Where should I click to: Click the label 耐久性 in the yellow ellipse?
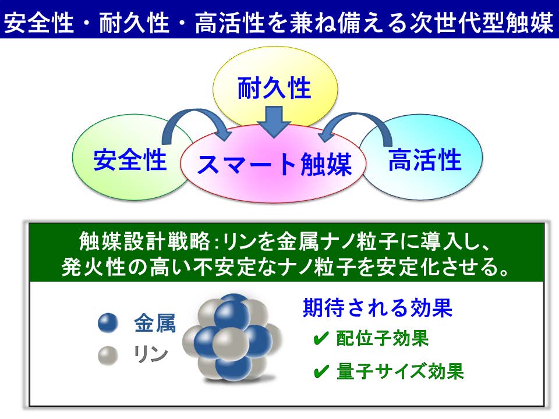(274, 88)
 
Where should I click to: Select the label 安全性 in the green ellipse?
(130, 160)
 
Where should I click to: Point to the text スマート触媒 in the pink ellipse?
(274, 165)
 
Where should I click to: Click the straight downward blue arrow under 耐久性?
(274, 122)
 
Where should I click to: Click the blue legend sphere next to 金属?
(108, 323)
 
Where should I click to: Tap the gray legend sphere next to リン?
(108, 356)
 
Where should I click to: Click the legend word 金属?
(155, 323)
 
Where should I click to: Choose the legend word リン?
(151, 354)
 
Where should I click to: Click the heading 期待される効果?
(377, 307)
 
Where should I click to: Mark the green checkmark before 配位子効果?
(320, 339)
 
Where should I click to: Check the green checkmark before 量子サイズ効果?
(321, 372)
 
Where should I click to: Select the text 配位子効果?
(382, 338)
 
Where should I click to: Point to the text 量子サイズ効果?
(400, 371)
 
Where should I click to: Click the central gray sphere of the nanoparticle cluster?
(231, 344)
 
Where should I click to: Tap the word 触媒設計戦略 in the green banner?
(145, 241)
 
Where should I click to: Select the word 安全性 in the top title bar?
(39, 23)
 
